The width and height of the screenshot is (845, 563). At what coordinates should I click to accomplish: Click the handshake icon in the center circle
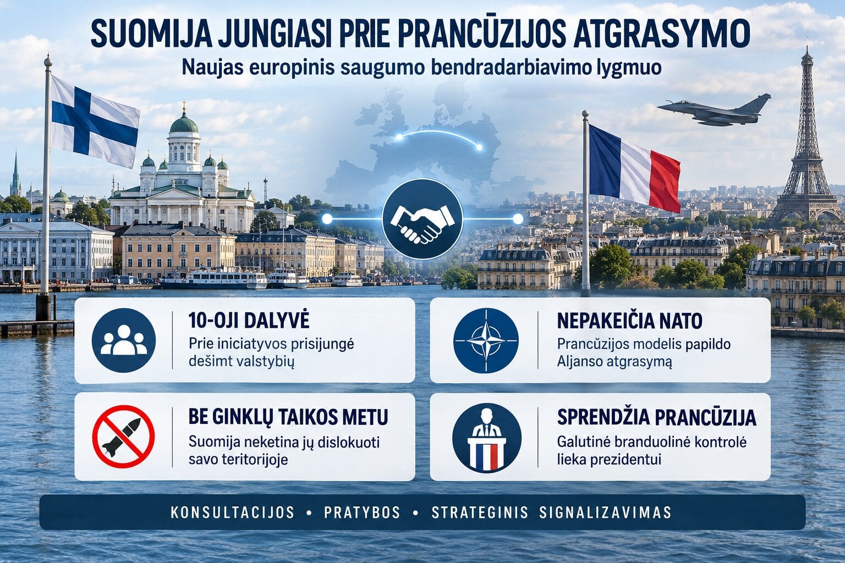coord(422,219)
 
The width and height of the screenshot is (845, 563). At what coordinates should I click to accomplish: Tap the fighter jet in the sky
coord(714,110)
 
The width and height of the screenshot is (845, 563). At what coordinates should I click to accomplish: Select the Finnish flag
coord(94,120)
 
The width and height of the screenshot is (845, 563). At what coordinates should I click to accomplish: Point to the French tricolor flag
coord(634,168)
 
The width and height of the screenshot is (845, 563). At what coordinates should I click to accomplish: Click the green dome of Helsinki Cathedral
coord(184,123)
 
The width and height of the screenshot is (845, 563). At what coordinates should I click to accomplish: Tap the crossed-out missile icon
coord(123,437)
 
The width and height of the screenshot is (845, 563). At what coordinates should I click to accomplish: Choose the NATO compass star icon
coord(486,340)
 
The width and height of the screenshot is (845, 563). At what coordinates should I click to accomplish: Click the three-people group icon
coord(123,340)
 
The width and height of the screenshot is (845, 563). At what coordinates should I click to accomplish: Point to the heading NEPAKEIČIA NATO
coord(629,321)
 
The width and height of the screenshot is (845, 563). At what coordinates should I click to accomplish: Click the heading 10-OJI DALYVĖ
coord(249,320)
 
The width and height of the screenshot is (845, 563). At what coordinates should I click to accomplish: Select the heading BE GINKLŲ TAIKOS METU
coord(288,417)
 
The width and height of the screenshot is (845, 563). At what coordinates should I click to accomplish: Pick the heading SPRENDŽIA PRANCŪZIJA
coord(657,417)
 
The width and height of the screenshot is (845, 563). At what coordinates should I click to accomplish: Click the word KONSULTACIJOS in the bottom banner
coord(232,512)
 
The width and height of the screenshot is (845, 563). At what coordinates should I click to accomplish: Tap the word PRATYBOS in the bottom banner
coord(362,512)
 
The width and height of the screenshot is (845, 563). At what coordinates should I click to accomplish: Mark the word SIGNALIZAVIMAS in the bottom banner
coord(605,512)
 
